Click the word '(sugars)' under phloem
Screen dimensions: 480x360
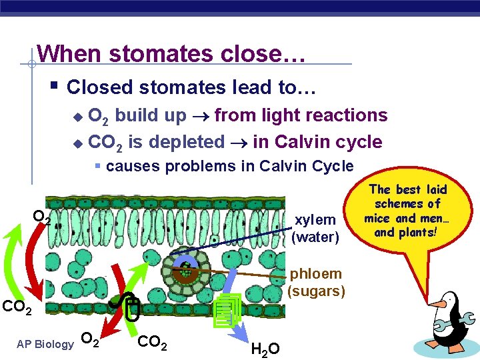point(316,291)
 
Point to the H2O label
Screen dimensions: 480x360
point(265,348)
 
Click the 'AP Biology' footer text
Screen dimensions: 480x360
point(45,344)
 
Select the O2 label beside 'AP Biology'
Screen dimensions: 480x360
point(91,341)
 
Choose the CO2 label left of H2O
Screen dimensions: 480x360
point(152,342)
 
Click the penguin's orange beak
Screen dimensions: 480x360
point(437,305)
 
